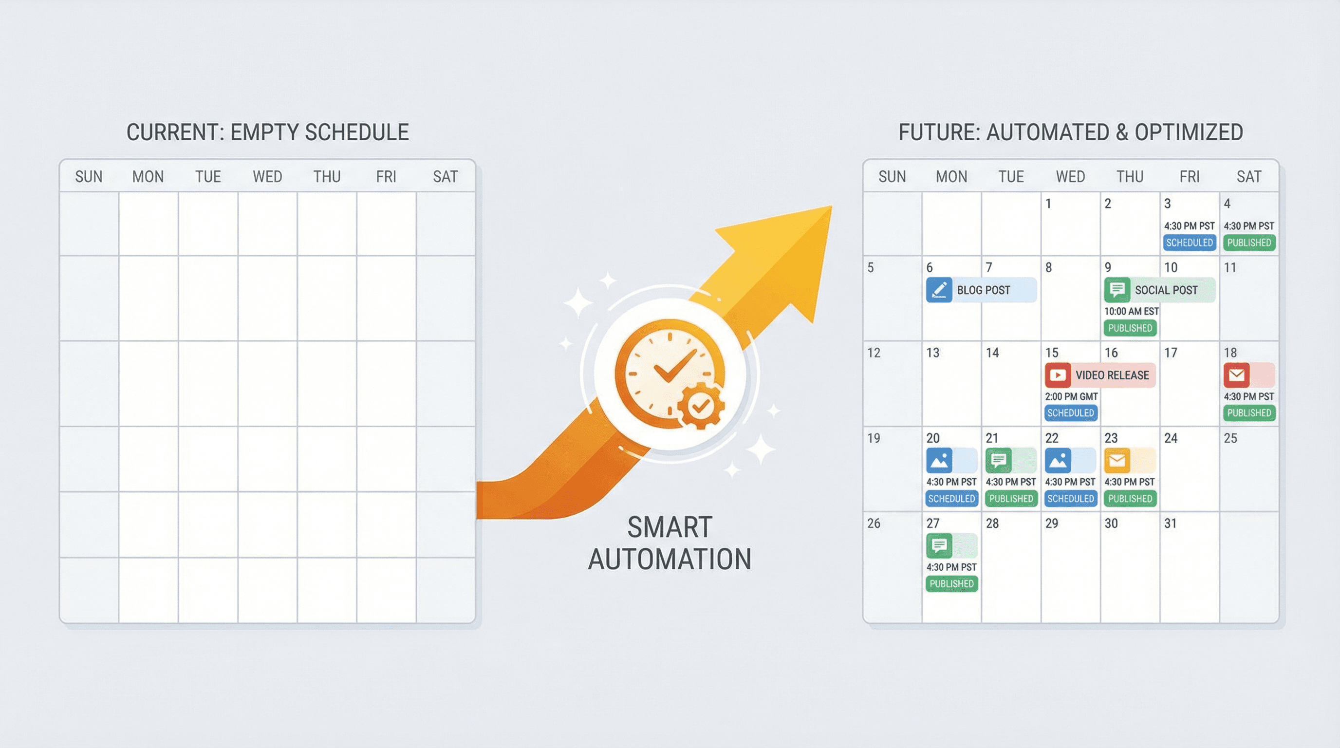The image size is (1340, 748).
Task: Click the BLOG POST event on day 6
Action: pyautogui.click(x=981, y=290)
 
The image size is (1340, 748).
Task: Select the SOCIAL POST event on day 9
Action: pyautogui.click(x=1159, y=290)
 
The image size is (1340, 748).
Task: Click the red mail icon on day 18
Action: pyautogui.click(x=1236, y=375)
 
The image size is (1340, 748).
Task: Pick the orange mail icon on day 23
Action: pyautogui.click(x=1117, y=460)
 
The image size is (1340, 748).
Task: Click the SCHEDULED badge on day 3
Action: pyautogui.click(x=1189, y=243)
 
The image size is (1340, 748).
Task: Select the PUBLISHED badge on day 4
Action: pyautogui.click(x=1249, y=243)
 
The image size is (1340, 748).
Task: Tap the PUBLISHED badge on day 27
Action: pyautogui.click(x=951, y=583)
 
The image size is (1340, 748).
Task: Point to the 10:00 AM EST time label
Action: pyautogui.click(x=1132, y=311)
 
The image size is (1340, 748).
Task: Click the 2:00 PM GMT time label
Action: pyautogui.click(x=1071, y=396)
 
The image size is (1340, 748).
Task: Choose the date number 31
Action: pyautogui.click(x=1171, y=524)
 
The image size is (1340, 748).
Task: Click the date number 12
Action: pyautogui.click(x=874, y=353)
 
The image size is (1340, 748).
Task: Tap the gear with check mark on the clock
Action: pyautogui.click(x=700, y=406)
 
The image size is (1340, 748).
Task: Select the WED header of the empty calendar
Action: pyautogui.click(x=267, y=177)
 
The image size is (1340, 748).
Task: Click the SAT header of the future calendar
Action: pyautogui.click(x=1249, y=177)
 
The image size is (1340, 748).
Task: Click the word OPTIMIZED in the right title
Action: pyautogui.click(x=1189, y=132)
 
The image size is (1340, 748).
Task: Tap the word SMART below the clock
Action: pyautogui.click(x=670, y=527)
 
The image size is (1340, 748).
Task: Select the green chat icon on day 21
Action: pyautogui.click(x=998, y=460)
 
